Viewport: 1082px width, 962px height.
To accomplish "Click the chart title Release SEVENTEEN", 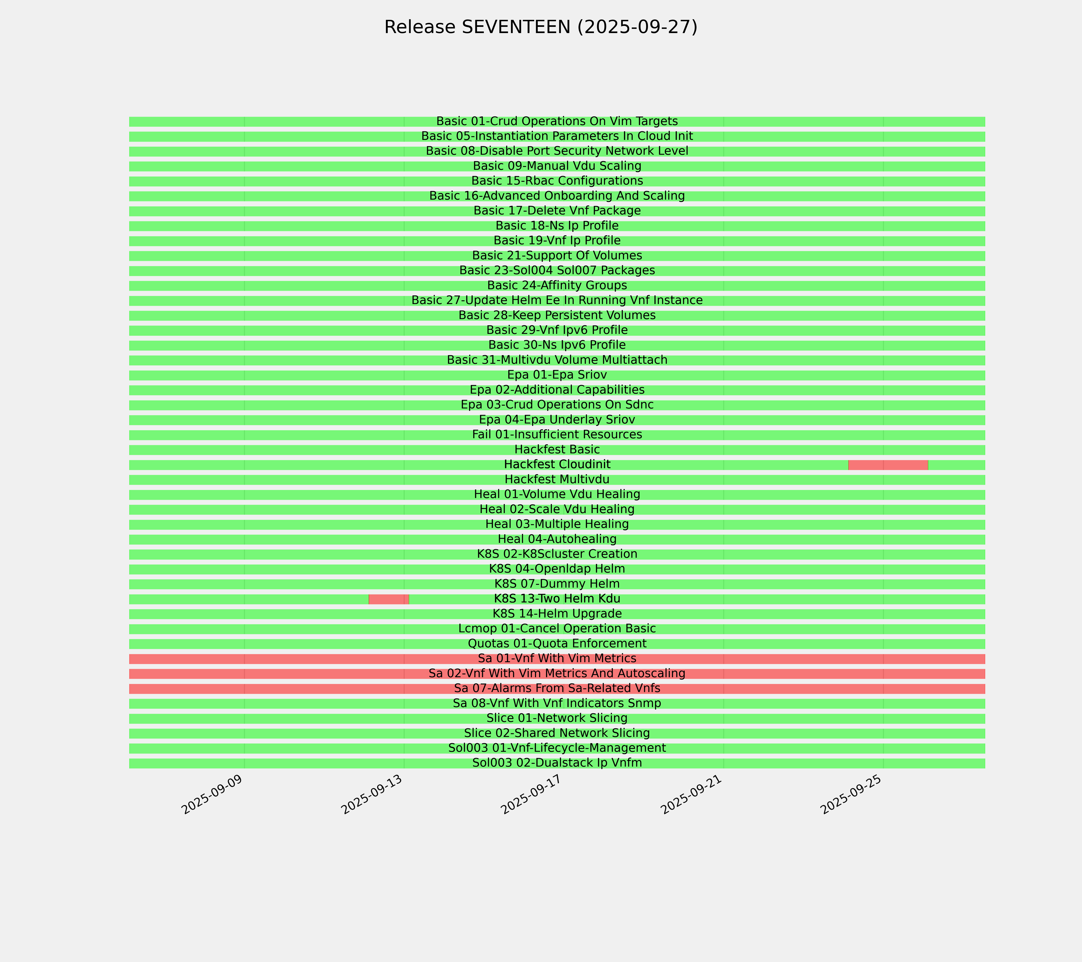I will [x=540, y=27].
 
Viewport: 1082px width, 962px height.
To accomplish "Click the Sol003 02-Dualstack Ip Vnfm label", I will [x=557, y=763].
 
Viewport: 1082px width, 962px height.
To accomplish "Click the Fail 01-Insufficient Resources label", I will [x=557, y=435].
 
